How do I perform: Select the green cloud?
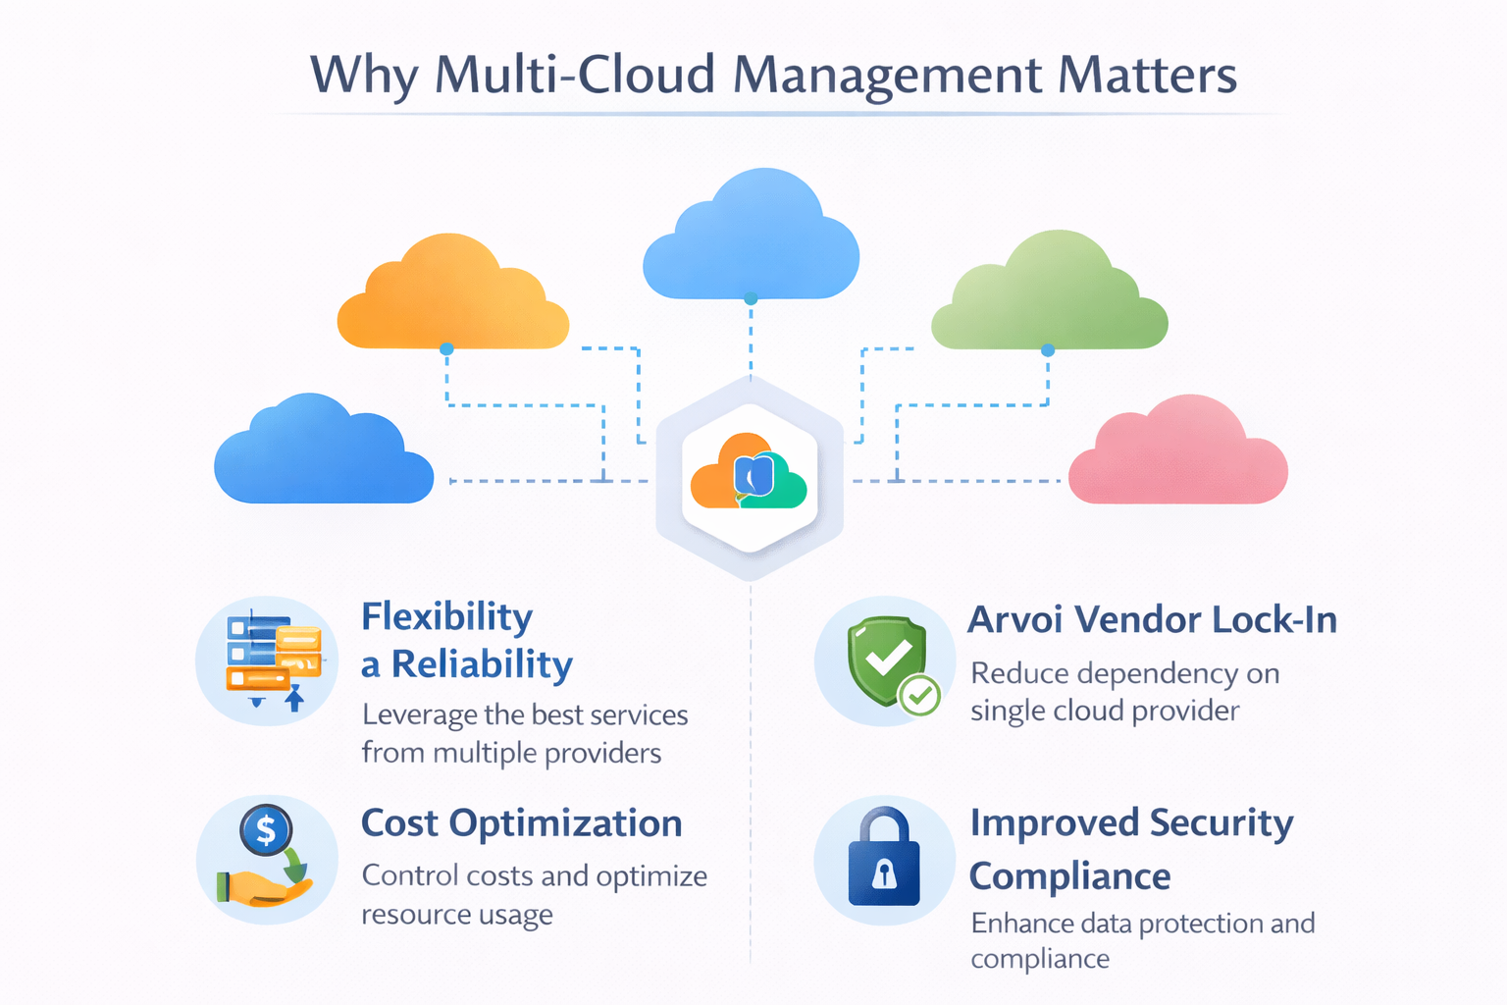[1050, 297]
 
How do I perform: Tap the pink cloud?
[1177, 456]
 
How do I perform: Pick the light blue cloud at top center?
[751, 240]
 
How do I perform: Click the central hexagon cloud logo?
[750, 473]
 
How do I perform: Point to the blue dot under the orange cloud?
[446, 349]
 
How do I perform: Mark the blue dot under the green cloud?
[1048, 350]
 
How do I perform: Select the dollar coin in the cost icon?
[266, 830]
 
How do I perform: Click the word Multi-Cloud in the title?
[575, 75]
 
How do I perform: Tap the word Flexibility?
[447, 617]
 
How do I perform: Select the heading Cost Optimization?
[521, 823]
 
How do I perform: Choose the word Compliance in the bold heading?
[1069, 876]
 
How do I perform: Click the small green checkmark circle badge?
[920, 696]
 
